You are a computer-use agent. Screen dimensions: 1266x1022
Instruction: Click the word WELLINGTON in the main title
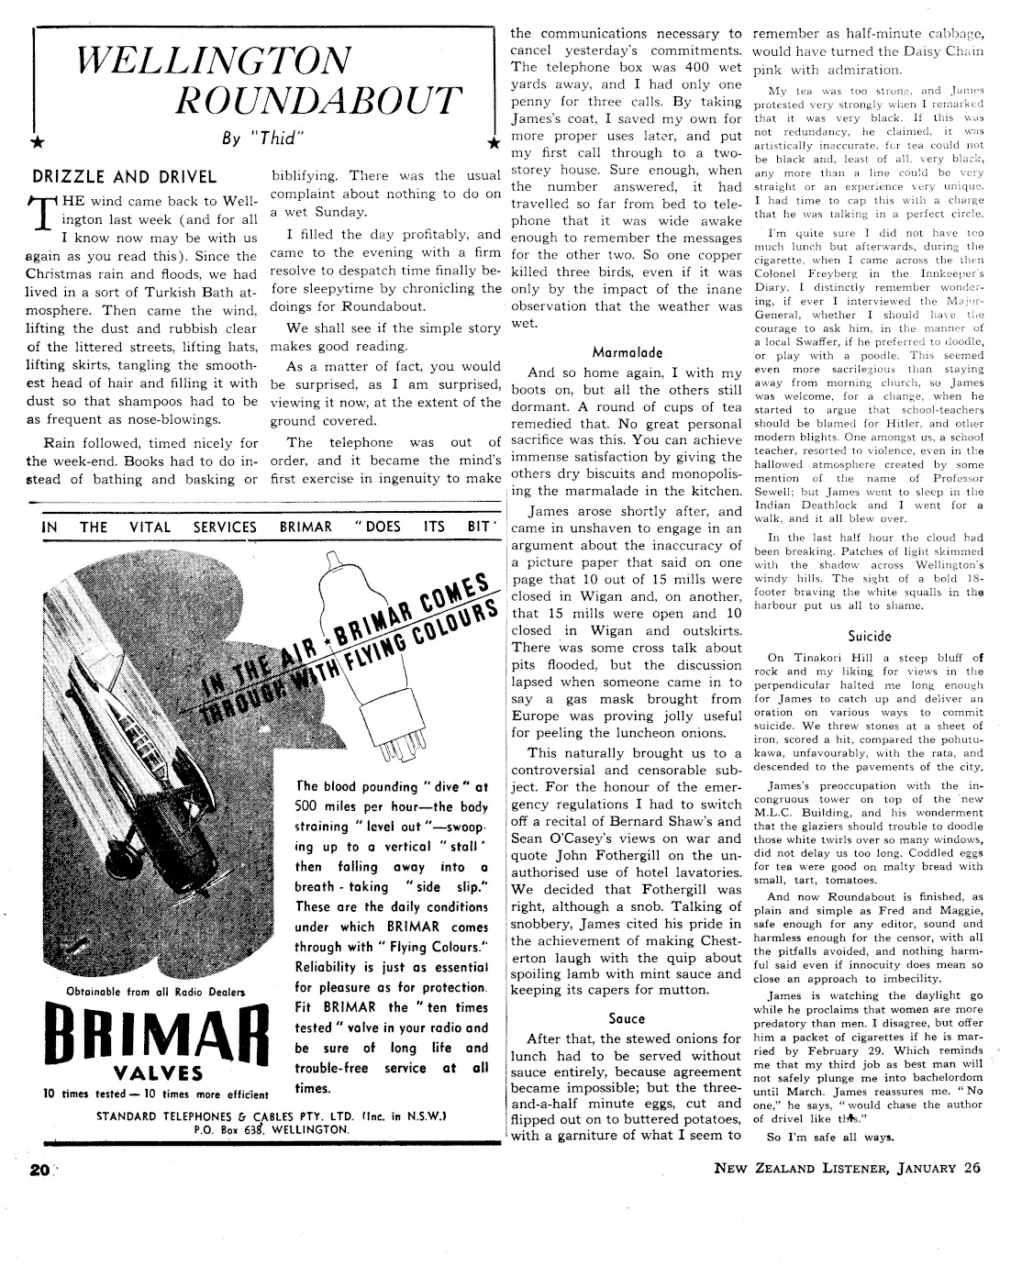[x=214, y=61]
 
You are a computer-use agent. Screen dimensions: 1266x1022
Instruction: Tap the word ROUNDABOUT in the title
[x=319, y=100]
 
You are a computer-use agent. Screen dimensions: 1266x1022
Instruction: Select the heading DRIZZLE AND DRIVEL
[x=124, y=177]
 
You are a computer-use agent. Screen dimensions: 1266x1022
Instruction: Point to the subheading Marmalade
[x=628, y=351]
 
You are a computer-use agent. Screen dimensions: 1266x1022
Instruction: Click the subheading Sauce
[x=627, y=1018]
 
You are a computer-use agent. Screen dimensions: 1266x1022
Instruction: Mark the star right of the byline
[x=494, y=143]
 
